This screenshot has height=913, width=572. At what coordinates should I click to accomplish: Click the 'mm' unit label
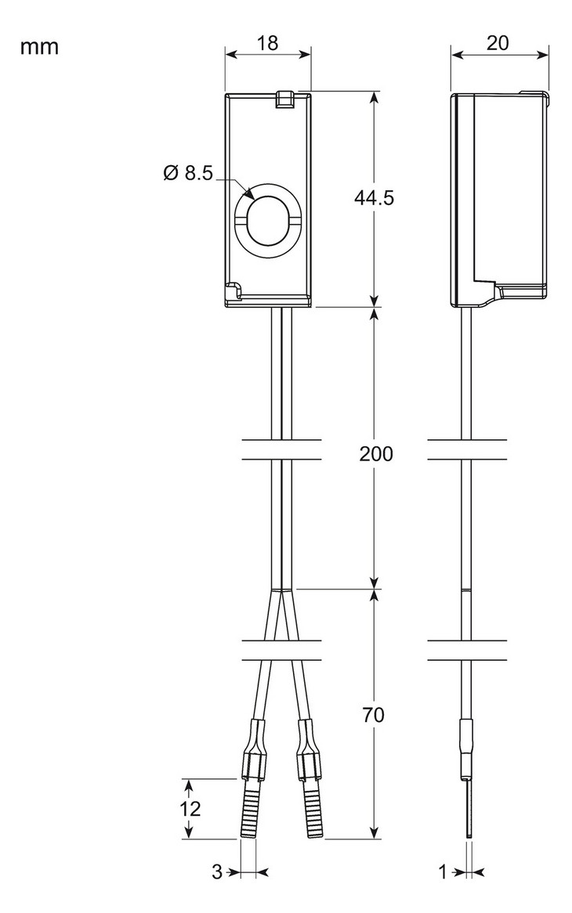[39, 47]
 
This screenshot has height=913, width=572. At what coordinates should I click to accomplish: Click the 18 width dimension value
[268, 43]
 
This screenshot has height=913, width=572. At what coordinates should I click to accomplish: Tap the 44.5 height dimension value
[374, 198]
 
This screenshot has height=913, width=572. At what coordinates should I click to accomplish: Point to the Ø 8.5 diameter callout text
[188, 173]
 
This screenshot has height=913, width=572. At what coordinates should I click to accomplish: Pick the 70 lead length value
[374, 715]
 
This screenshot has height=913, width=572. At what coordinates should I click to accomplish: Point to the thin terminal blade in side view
[468, 810]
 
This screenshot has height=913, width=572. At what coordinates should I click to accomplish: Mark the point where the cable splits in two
[281, 589]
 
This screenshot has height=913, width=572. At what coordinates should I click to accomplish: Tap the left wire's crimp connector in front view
[254, 752]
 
